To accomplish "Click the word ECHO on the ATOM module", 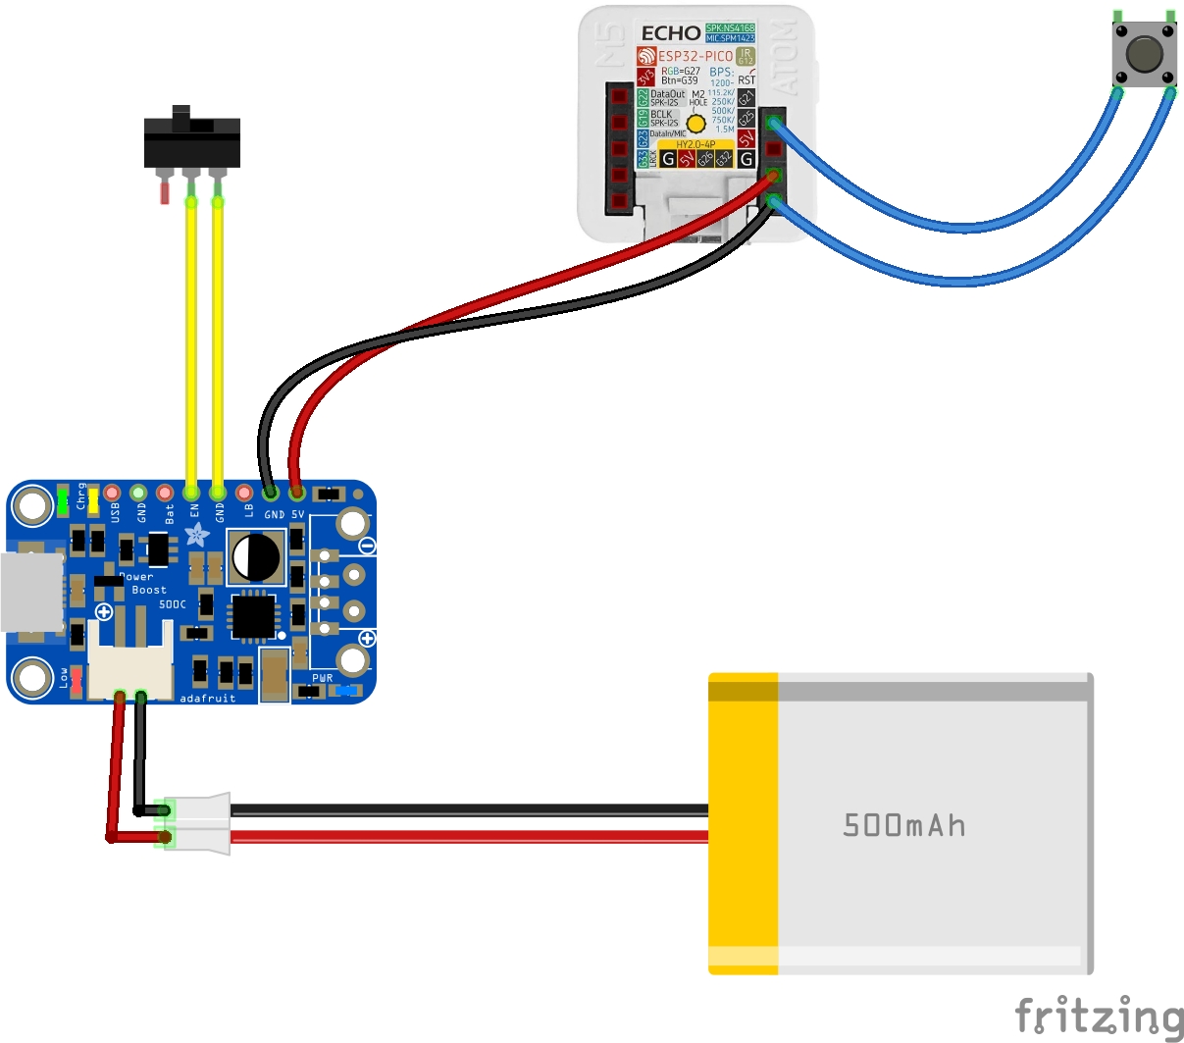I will click(671, 33).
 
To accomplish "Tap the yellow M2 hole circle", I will click(695, 124).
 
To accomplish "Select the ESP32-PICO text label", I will click(695, 56).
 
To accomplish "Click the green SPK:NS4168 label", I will click(730, 28).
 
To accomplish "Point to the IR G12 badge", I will click(746, 56).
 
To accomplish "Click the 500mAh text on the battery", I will click(903, 825).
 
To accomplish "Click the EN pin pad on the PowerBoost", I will click(191, 492).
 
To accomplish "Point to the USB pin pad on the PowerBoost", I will click(112, 492).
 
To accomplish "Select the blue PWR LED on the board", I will click(344, 691).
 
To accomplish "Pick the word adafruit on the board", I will click(208, 699).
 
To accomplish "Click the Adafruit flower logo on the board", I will click(197, 535).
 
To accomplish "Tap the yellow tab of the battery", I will click(743, 823).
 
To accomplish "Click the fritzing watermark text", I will click(1099, 1016).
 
